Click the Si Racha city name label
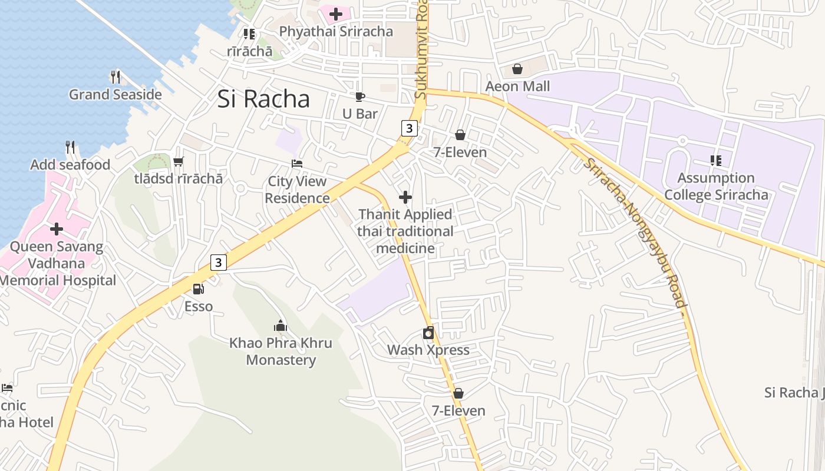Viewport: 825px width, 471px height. tap(263, 99)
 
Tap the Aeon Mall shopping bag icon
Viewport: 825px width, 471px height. tap(517, 69)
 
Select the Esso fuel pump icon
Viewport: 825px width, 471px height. tap(199, 289)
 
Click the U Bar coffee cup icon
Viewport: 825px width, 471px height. tap(359, 97)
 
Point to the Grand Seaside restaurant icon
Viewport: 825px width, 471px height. tap(115, 77)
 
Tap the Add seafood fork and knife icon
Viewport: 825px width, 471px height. tap(70, 147)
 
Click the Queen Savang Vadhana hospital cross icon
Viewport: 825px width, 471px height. tap(57, 228)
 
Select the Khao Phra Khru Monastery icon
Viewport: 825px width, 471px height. tap(280, 326)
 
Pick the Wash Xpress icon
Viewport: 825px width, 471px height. tap(428, 333)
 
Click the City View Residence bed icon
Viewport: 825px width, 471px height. tap(297, 164)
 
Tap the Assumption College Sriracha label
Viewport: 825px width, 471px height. tap(716, 186)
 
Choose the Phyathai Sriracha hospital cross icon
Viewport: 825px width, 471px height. tap(336, 14)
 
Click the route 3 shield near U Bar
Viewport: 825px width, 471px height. tap(410, 128)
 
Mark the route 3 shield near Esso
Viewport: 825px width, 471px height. tap(219, 262)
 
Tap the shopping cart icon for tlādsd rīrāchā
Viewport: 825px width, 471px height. tap(178, 161)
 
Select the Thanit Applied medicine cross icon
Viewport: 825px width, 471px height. tap(405, 197)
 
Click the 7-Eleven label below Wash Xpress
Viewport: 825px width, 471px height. tap(458, 411)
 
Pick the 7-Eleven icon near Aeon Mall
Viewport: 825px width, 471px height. tap(460, 135)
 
